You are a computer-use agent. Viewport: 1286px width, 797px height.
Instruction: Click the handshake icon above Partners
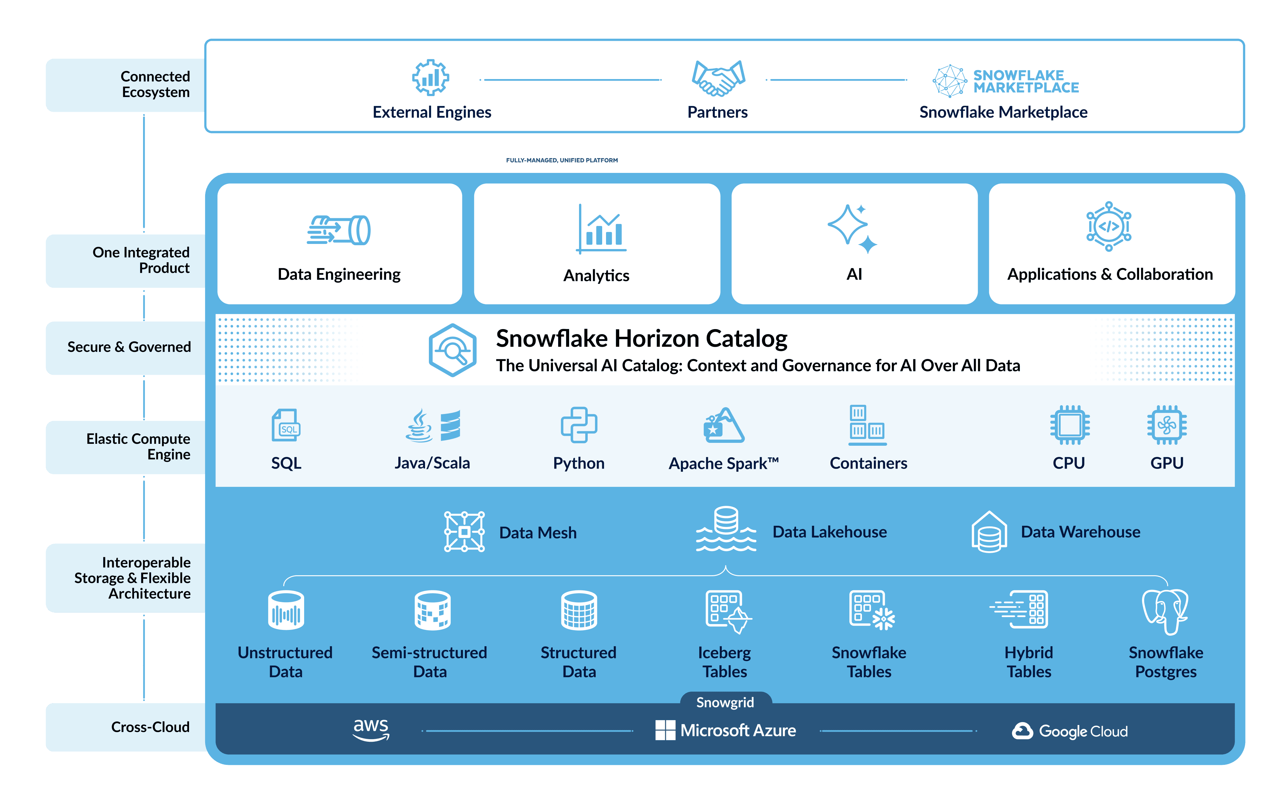pos(718,78)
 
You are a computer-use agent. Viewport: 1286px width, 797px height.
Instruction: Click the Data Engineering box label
pos(339,274)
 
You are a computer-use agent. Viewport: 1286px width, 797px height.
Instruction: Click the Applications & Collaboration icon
pos(1109,226)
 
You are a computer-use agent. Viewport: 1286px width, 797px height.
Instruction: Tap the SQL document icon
pos(286,425)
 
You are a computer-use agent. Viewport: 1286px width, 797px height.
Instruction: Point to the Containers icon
pos(867,425)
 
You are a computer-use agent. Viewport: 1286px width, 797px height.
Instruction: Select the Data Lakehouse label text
pos(829,532)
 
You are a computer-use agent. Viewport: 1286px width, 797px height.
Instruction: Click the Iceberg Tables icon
pos(728,612)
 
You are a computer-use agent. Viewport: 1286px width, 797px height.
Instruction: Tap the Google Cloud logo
pos(1070,731)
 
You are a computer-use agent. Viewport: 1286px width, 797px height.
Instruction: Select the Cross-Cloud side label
pos(150,727)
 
